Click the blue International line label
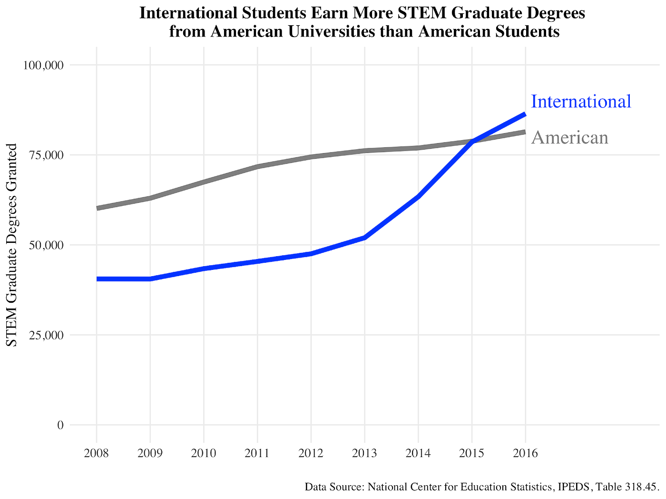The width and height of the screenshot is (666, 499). coord(581,101)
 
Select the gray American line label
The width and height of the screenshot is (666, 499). coord(569,137)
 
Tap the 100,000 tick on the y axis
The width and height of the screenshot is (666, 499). coord(43,65)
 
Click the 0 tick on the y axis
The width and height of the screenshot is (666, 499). coord(60,425)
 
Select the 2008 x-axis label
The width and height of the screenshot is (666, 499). coord(97,453)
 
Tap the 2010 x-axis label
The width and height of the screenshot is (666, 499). coord(204,453)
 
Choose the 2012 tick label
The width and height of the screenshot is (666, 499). coord(311,453)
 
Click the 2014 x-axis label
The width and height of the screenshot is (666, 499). coord(418,453)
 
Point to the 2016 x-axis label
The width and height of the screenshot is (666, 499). coord(526,453)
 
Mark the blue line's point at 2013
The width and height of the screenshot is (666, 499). coord(365,237)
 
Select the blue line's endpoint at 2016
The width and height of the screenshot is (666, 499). coord(525,114)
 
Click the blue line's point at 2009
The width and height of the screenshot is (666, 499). coord(150,278)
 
